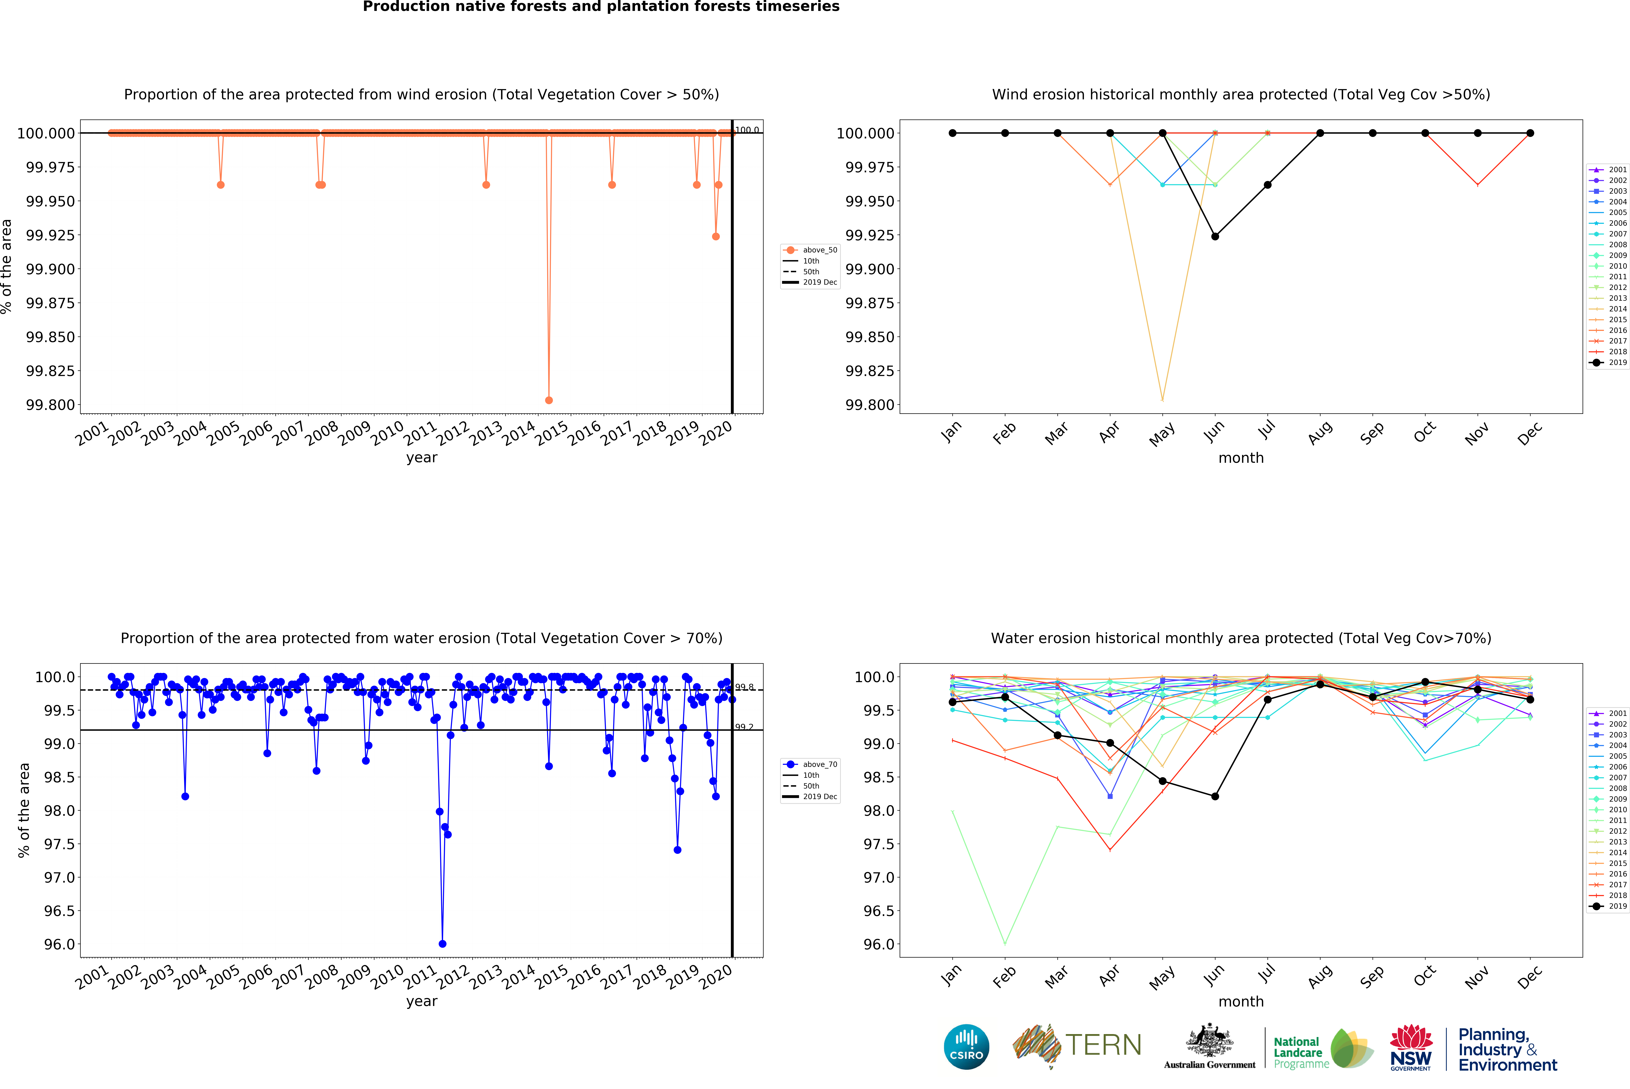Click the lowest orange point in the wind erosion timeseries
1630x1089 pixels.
(549, 400)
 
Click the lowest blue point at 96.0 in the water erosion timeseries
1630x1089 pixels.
(443, 944)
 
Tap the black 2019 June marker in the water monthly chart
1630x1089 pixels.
(1215, 797)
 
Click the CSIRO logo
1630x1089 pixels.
(967, 1047)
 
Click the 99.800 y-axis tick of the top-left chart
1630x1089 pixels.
(50, 405)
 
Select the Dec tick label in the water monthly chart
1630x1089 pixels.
(1529, 976)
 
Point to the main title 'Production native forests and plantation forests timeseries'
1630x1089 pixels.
(601, 7)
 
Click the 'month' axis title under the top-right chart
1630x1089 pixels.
(1241, 458)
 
